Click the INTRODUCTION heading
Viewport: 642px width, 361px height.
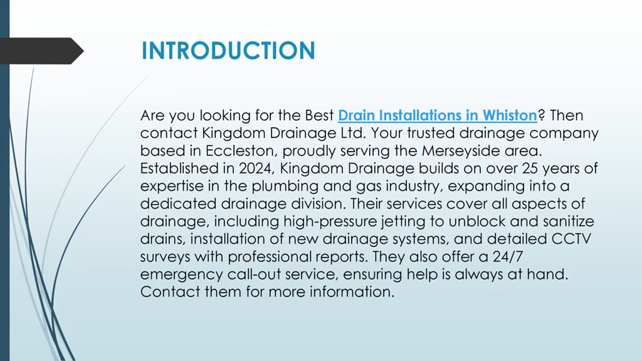pyautogui.click(x=228, y=51)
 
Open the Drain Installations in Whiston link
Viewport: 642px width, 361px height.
pyautogui.click(x=437, y=115)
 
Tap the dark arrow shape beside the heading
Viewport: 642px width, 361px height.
pyautogui.click(x=42, y=51)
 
